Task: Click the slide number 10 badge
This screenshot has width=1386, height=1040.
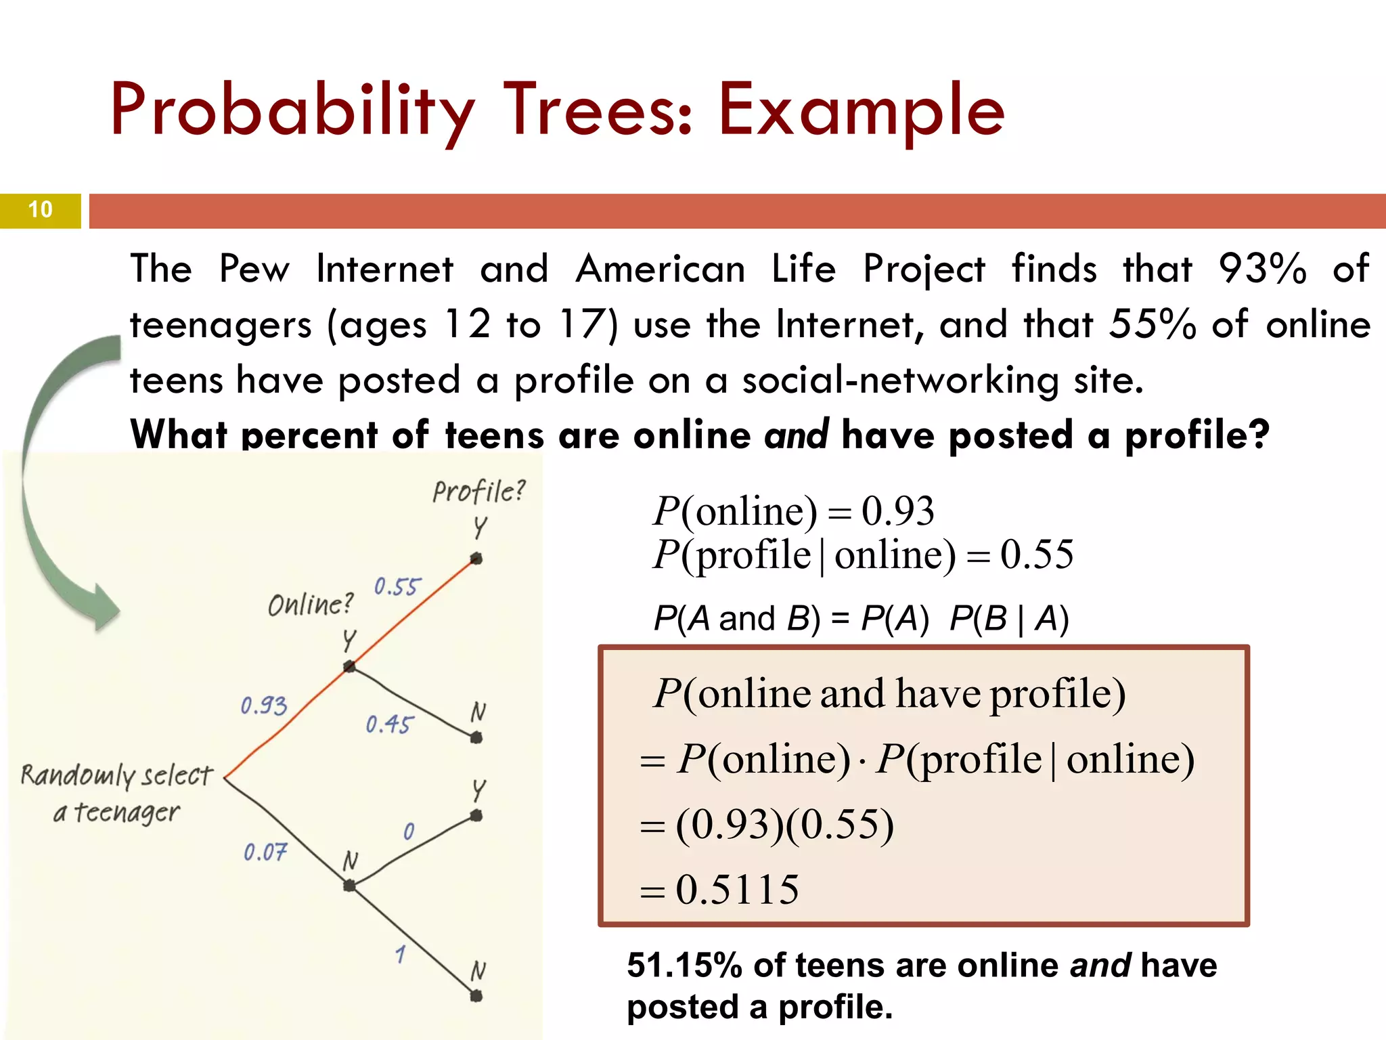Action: [x=41, y=210]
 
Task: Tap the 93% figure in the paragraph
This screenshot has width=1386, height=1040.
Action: [x=1262, y=269]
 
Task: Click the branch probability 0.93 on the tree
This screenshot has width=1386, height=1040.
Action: [x=264, y=706]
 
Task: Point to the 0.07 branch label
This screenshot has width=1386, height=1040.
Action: [x=265, y=852]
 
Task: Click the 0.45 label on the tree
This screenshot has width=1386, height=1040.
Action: [x=388, y=724]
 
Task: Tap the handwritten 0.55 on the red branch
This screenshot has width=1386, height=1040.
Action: [x=397, y=586]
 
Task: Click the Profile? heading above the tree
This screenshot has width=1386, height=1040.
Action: [x=478, y=491]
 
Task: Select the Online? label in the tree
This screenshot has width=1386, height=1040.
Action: [x=311, y=604]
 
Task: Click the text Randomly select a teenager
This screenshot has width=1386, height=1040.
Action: [x=116, y=792]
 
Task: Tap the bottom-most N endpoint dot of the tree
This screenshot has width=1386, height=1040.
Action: [x=476, y=996]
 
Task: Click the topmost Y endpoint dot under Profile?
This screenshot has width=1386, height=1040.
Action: [x=476, y=559]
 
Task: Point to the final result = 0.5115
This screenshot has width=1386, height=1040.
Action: [x=720, y=890]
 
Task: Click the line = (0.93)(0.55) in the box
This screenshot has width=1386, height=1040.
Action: [x=767, y=825]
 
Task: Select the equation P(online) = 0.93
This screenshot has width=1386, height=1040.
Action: [x=793, y=511]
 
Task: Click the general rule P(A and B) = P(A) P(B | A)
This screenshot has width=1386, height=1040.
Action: [x=861, y=618]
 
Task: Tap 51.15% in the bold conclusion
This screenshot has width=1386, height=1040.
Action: [x=684, y=966]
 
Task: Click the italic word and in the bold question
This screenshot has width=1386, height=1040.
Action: [x=796, y=435]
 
